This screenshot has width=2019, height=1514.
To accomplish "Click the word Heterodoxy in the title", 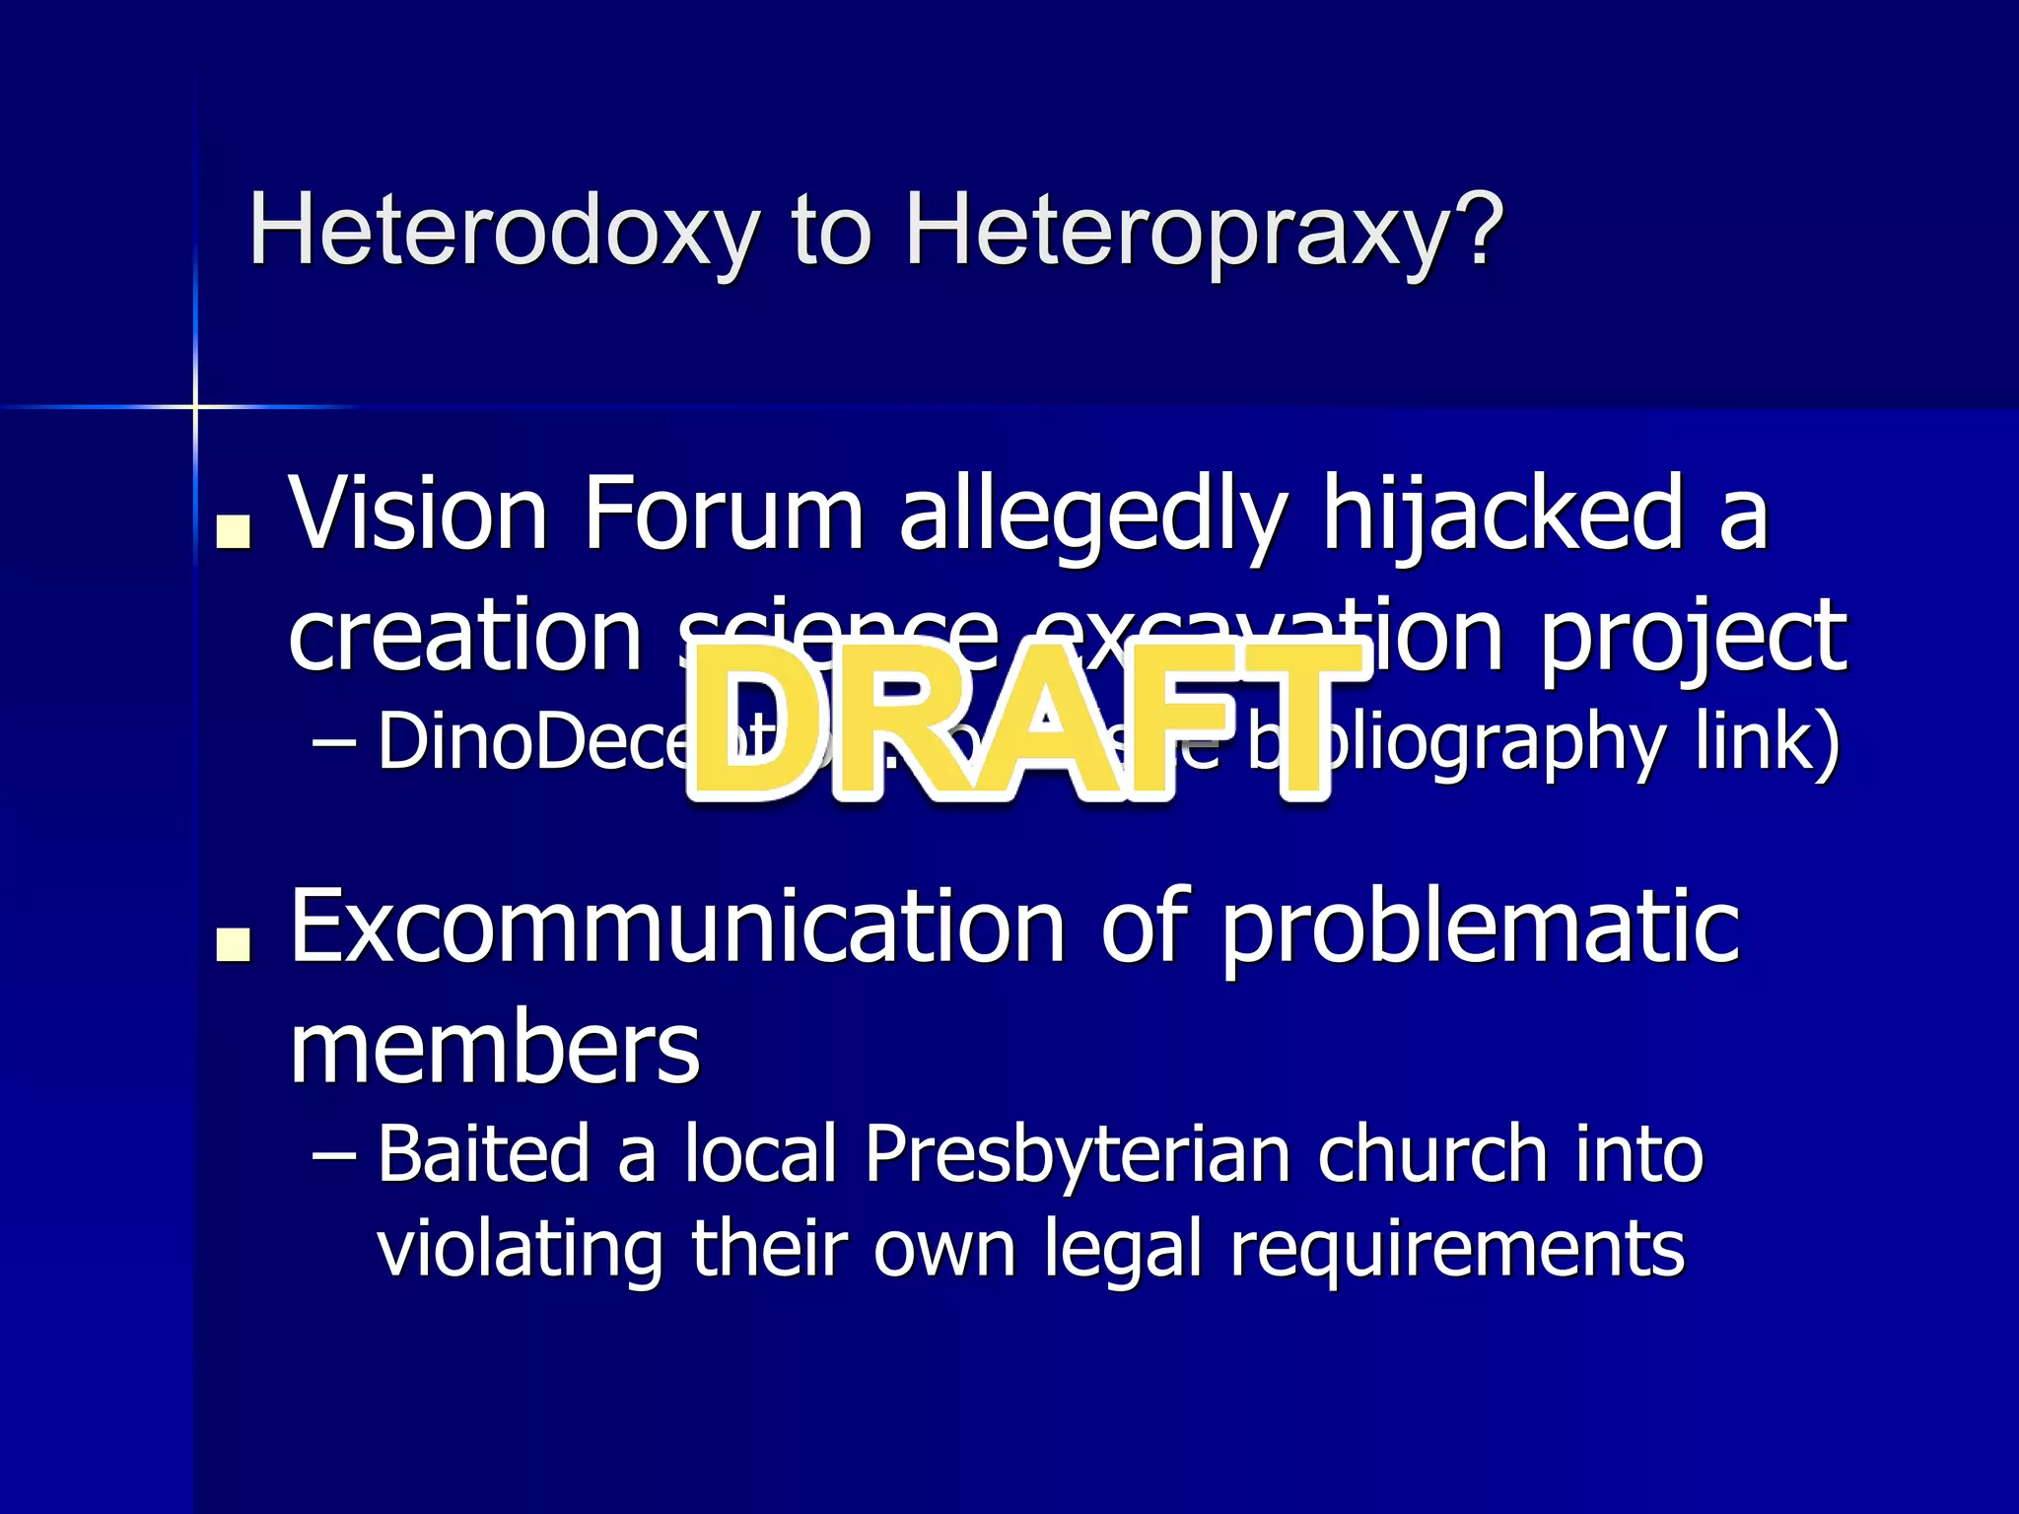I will click(x=504, y=230).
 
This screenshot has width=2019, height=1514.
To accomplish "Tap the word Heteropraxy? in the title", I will click(x=1204, y=230).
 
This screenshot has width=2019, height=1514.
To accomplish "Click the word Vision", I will click(x=418, y=514).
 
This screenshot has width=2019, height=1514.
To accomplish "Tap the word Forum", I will click(x=723, y=514).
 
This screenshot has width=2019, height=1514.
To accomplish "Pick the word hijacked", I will click(x=1502, y=514).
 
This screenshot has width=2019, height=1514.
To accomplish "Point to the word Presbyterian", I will click(x=1078, y=1153).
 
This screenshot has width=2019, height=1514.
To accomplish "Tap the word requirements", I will click(x=1457, y=1248).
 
